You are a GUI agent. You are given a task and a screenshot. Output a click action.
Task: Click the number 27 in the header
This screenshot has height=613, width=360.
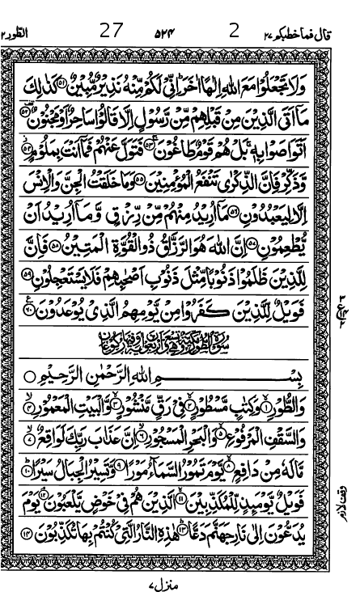click(111, 32)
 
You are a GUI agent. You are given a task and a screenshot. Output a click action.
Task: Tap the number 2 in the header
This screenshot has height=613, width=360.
click(234, 32)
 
